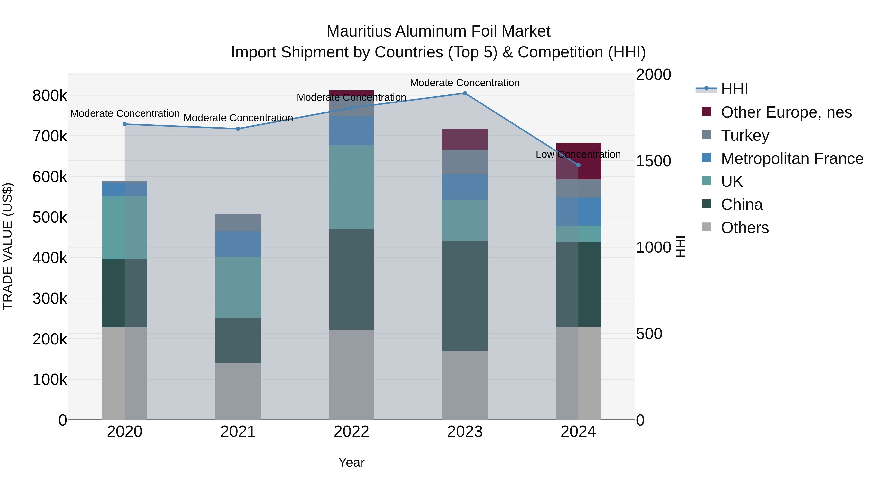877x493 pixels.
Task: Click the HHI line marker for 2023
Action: pyautogui.click(x=465, y=93)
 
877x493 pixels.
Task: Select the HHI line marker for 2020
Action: pyautogui.click(x=124, y=124)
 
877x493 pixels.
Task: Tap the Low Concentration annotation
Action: pyautogui.click(x=578, y=154)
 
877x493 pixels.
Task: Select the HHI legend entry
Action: pyautogui.click(x=734, y=89)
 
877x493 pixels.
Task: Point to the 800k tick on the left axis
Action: pyautogui.click(x=50, y=96)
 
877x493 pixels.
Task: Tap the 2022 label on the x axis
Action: pyautogui.click(x=351, y=432)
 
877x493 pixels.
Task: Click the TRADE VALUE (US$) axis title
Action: pyautogui.click(x=8, y=246)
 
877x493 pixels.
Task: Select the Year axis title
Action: pyautogui.click(x=351, y=462)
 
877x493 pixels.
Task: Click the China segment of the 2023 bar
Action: pyautogui.click(x=465, y=295)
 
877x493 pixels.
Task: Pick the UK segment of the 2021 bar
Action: pyautogui.click(x=238, y=288)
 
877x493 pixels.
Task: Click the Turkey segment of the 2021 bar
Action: pyautogui.click(x=238, y=222)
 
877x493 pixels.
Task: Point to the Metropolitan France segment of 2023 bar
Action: pyautogui.click(x=465, y=187)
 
